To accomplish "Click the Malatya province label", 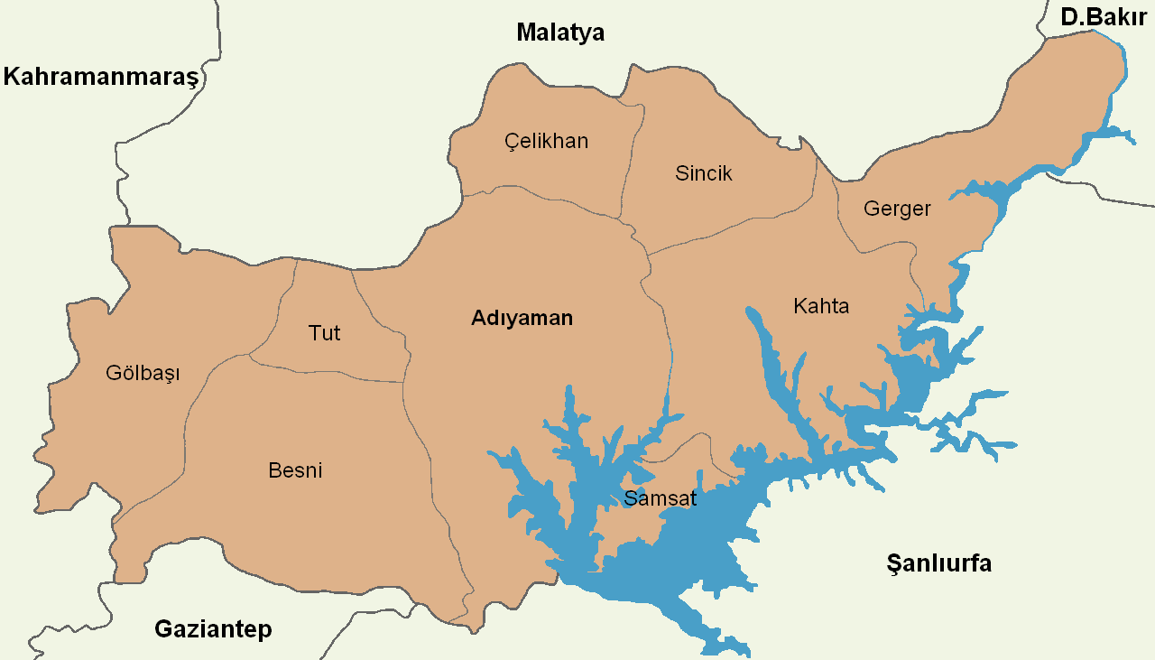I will click(x=560, y=33).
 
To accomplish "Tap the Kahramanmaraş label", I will click(x=100, y=77).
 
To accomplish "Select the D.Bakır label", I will click(x=1104, y=16).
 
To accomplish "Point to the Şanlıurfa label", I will click(x=938, y=564).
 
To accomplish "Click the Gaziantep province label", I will click(x=213, y=629).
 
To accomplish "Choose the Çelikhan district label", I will click(x=546, y=141).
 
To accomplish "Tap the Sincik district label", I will click(x=704, y=173).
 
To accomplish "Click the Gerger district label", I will click(x=897, y=209).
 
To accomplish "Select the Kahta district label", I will click(x=821, y=306).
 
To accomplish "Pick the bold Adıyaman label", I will click(x=522, y=318).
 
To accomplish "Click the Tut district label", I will click(x=324, y=333).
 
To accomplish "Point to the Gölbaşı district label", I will click(x=143, y=373).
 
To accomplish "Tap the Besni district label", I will click(x=295, y=470).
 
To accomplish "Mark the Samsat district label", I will click(x=660, y=498).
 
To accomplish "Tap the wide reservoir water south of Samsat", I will click(x=695, y=560).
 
